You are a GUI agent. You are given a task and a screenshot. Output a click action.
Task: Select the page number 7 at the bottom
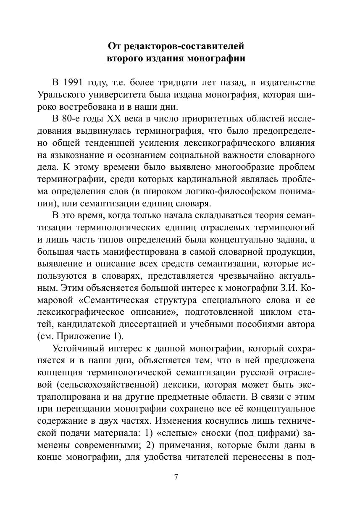click(x=176, y=477)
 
